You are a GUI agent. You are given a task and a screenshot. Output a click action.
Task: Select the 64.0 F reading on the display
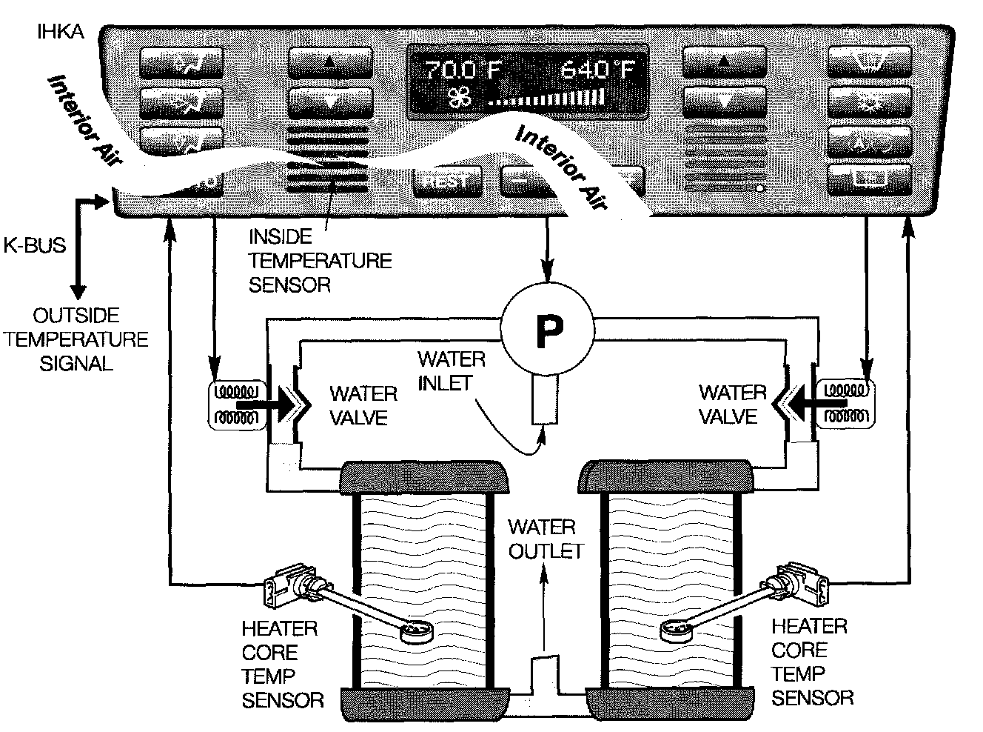(597, 70)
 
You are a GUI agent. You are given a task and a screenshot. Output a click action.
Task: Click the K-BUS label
(35, 245)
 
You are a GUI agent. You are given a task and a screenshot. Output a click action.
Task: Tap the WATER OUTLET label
(545, 539)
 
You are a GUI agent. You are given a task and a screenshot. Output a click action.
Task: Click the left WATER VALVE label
(363, 405)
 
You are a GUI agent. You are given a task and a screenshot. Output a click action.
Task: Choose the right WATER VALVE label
(732, 405)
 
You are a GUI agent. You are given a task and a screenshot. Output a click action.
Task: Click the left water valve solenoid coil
(235, 405)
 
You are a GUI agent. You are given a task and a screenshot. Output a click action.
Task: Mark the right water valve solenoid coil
(845, 405)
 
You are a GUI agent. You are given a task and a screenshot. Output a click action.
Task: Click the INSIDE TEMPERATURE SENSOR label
(319, 261)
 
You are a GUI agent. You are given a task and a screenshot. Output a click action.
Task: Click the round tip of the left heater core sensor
(416, 631)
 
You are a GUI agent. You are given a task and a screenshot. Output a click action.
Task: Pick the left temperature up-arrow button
(329, 63)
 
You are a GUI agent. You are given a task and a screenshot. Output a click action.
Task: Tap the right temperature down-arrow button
(723, 100)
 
